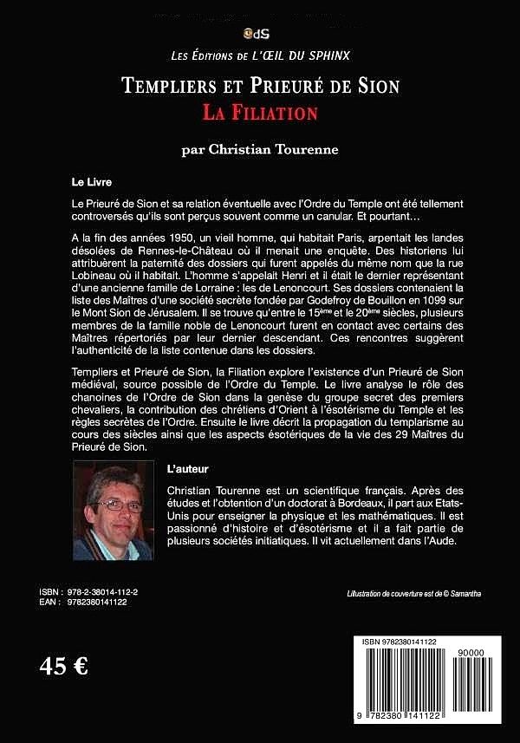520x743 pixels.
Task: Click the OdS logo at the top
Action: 260,34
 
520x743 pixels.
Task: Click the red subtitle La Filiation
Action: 260,113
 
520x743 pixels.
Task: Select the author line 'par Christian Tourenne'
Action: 260,149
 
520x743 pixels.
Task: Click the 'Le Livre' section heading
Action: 92,183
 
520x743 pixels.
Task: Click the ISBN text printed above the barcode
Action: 400,641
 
